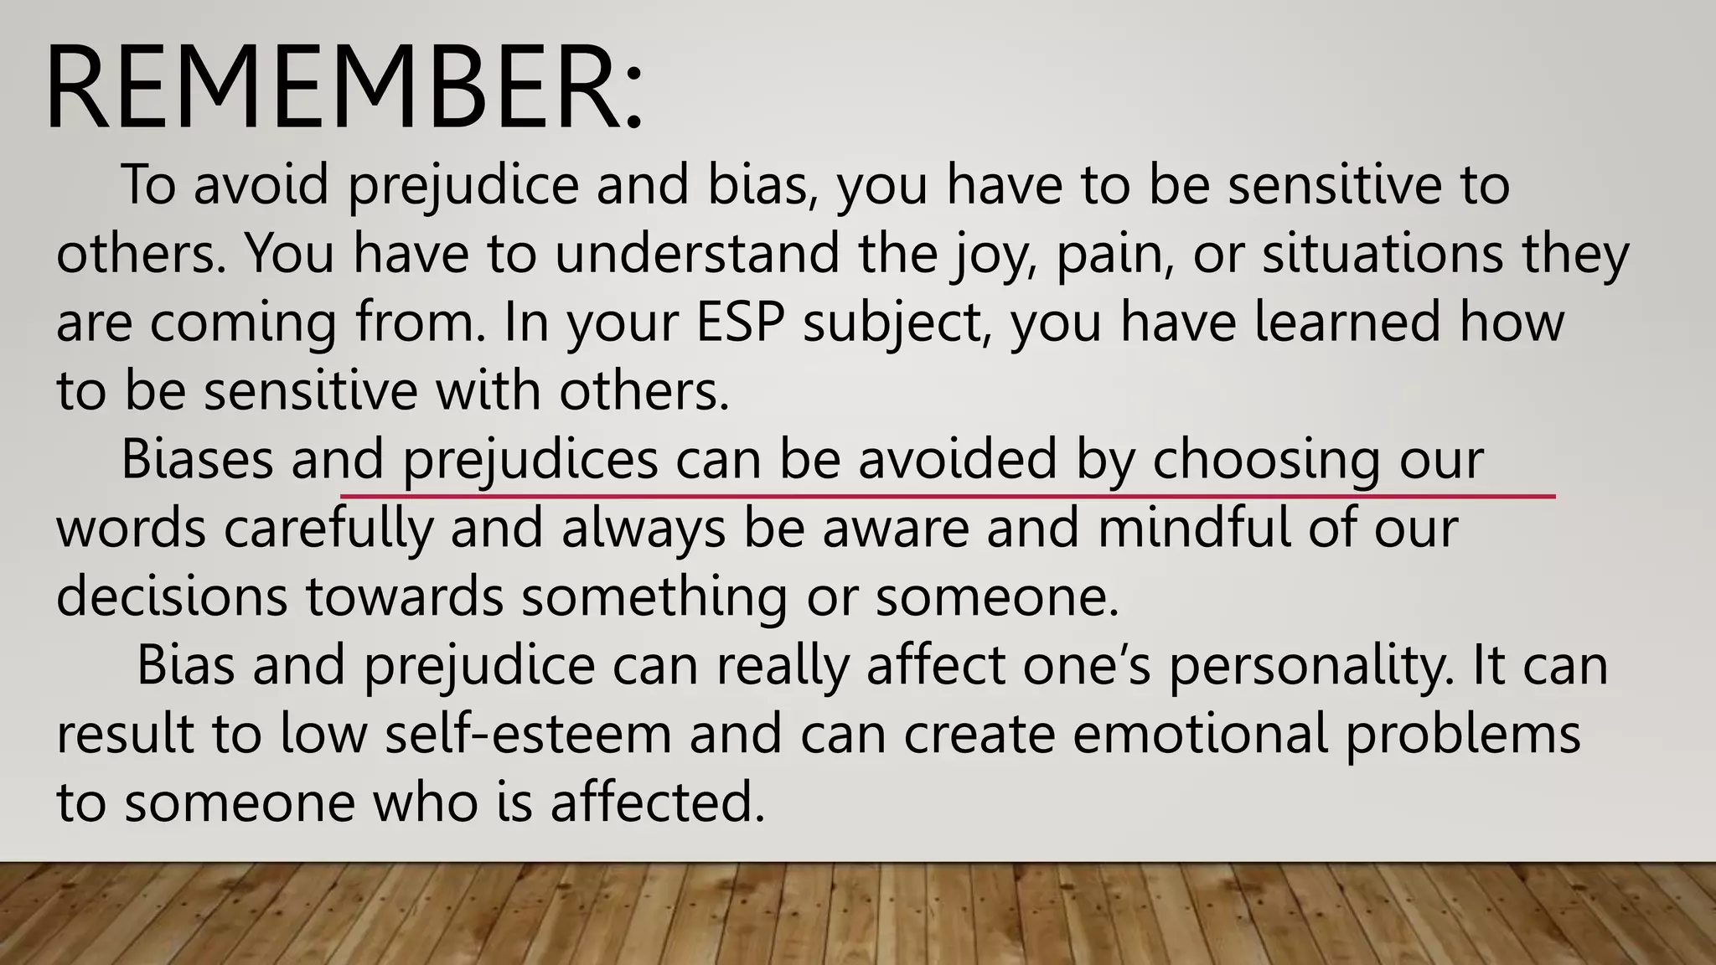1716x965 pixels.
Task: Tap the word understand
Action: pos(697,253)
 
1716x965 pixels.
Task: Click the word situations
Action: pos(1383,253)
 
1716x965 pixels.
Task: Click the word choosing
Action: pos(1266,461)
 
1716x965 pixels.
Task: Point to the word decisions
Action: pos(171,596)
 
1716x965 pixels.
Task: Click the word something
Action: pos(654,598)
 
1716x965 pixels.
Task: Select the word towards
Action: pos(404,596)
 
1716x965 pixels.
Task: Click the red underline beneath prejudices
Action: pos(947,497)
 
